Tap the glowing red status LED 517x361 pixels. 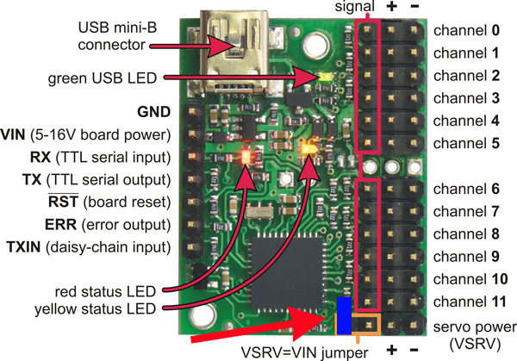(x=246, y=156)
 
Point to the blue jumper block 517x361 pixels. (x=344, y=316)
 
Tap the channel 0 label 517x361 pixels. (x=466, y=30)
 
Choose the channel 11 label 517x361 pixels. (x=470, y=302)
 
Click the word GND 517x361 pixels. (x=153, y=112)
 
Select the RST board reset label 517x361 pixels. (x=109, y=202)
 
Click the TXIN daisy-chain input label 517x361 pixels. (x=89, y=247)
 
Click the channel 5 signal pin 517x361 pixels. (x=368, y=143)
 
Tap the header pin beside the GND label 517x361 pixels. (x=192, y=111)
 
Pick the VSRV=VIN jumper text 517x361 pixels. (x=304, y=352)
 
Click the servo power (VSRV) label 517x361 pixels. (x=475, y=336)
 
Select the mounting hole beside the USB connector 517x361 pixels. (x=316, y=44)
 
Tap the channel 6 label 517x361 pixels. (x=466, y=189)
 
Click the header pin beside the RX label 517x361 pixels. (x=192, y=156)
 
